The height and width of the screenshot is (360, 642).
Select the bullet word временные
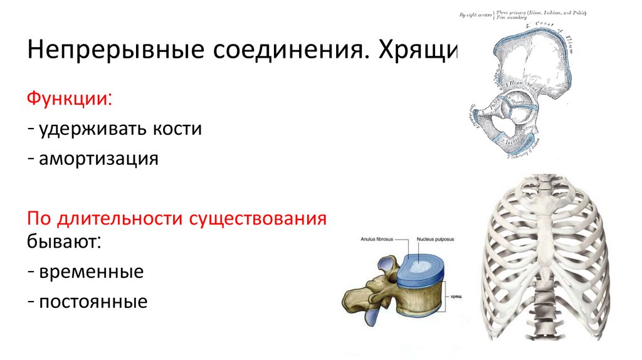pyautogui.click(x=91, y=272)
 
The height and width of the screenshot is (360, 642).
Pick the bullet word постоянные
pyautogui.click(x=93, y=302)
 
